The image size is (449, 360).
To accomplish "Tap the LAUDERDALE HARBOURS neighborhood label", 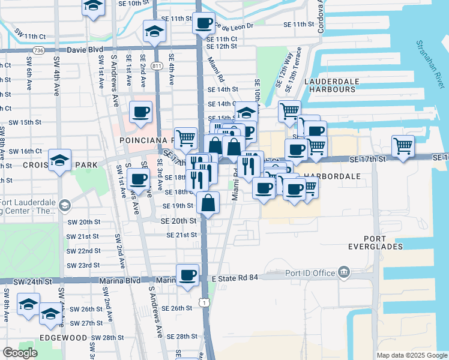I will point(330,85).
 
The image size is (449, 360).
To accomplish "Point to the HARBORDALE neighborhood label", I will point(331,177).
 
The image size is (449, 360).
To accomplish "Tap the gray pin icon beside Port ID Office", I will point(343,272).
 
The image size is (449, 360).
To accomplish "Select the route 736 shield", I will point(38,50).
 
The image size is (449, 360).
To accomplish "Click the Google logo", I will point(20,353).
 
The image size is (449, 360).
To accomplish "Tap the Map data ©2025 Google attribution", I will point(411,355).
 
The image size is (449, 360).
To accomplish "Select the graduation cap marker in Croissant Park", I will point(60,160).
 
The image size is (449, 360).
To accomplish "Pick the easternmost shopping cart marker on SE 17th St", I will point(403,146).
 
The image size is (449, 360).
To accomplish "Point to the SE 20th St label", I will point(178,221).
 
